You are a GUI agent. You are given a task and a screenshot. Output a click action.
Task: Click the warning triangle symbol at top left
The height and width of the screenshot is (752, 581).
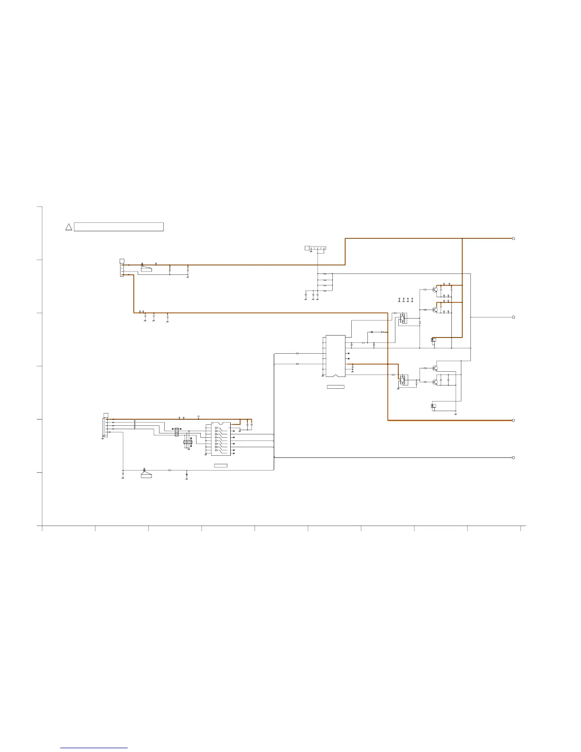pos(68,227)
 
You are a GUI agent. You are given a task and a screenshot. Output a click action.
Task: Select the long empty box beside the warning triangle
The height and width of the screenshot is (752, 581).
pos(119,227)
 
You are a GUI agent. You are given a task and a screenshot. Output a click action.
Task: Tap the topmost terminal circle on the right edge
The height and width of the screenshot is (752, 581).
pos(514,238)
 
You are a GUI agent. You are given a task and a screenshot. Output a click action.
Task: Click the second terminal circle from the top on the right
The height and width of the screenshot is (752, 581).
pos(514,317)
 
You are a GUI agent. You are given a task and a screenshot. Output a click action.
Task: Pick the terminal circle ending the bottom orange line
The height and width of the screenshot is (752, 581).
pos(514,420)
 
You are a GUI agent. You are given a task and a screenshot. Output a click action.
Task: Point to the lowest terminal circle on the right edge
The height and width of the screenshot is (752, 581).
pos(514,458)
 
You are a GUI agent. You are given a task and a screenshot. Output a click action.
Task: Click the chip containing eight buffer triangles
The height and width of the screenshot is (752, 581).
pos(221,439)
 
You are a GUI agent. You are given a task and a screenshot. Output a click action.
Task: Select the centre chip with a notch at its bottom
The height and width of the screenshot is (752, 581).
pos(336,356)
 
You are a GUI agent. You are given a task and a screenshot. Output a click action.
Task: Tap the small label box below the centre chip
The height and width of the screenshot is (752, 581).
pos(336,387)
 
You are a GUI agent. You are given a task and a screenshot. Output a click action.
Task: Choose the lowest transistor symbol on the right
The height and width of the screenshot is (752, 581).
pos(435,381)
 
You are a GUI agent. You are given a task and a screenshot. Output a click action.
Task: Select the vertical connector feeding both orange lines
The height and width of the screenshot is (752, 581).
pos(122,270)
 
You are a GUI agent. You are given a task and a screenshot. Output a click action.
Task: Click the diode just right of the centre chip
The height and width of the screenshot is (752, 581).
pos(372,332)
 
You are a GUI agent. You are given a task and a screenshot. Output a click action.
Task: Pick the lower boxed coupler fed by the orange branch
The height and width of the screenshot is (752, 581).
pos(403,380)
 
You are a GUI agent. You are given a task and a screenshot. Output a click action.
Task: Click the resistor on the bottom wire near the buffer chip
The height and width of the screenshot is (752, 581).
pos(170,470)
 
